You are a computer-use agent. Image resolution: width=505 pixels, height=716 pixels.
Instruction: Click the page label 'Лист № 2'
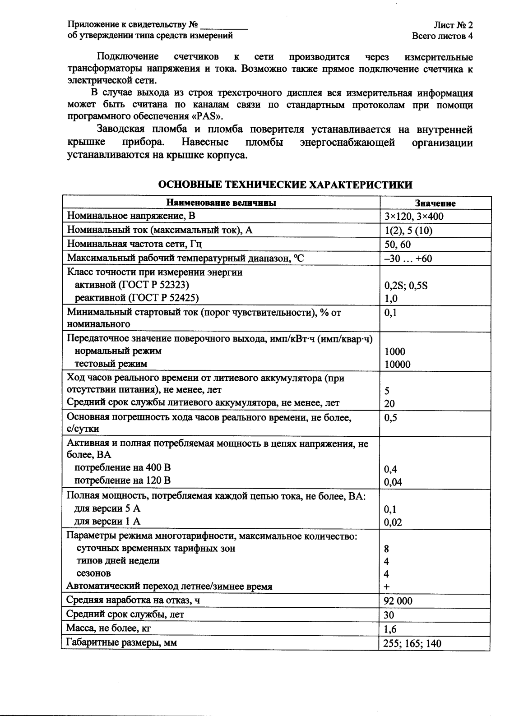pos(453,25)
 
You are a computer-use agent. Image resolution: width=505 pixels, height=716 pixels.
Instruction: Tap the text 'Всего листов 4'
pos(442,36)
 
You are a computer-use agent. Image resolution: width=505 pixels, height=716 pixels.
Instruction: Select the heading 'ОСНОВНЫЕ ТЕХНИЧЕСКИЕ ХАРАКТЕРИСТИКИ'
pos(285,185)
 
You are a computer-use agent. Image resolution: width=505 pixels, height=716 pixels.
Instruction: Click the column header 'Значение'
pos(435,203)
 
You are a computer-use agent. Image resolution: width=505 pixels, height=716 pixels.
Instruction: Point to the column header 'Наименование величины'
pos(221,203)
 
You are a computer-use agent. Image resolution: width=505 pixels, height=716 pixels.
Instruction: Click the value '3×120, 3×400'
pos(413,217)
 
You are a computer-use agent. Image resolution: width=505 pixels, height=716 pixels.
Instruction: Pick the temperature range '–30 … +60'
pos(408,259)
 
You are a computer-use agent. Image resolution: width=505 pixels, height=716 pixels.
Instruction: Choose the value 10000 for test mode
pos(397,365)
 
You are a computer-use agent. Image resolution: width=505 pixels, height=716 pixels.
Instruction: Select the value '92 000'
pos(398,601)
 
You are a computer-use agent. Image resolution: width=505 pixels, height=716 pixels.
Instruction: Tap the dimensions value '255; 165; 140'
pos(412,643)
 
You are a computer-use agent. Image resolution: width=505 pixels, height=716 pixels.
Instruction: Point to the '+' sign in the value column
pos(387,587)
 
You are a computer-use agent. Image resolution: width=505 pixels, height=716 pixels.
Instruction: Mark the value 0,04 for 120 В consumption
pos(393,482)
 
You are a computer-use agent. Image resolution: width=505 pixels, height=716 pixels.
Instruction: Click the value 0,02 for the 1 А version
pos(393,522)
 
